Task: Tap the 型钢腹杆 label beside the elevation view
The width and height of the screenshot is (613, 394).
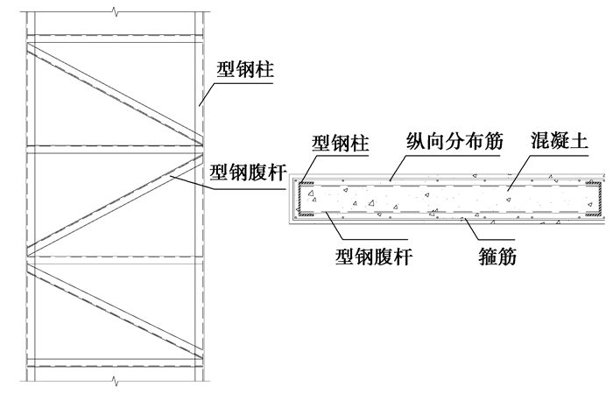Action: pyautogui.click(x=249, y=172)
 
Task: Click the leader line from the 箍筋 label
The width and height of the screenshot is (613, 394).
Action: pyautogui.click(x=473, y=229)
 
